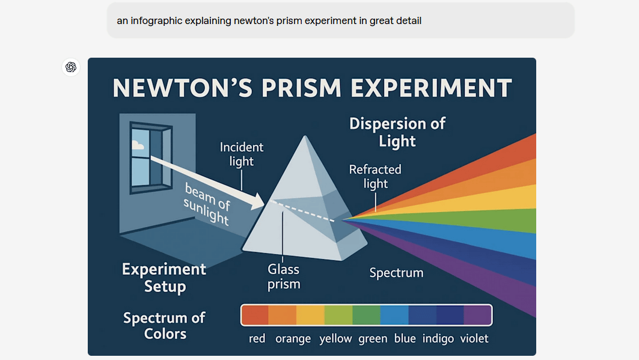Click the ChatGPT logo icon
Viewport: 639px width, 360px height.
click(x=71, y=67)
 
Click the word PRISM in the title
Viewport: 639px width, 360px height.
click(x=301, y=88)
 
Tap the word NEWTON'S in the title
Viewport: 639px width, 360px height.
click(x=183, y=88)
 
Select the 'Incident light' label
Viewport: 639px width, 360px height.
click(x=242, y=154)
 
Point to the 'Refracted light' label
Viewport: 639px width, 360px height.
click(x=375, y=176)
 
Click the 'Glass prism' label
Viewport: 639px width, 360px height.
click(x=284, y=276)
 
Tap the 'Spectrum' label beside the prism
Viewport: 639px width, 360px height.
click(x=397, y=272)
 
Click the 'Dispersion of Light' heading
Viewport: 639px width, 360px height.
click(x=397, y=132)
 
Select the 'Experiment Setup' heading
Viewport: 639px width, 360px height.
click(x=164, y=277)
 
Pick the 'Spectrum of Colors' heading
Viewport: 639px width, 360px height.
click(x=164, y=326)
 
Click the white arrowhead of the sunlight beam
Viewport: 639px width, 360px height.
click(x=257, y=201)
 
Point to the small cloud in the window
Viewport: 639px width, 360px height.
click(x=138, y=145)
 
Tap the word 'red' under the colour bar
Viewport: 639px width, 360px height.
click(x=257, y=338)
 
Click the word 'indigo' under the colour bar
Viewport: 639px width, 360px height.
click(x=438, y=338)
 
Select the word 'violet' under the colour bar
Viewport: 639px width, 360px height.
click(x=474, y=338)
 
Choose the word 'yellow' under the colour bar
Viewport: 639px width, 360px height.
click(x=335, y=339)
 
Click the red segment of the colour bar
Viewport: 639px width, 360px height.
click(x=255, y=315)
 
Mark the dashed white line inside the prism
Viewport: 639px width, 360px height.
click(x=302, y=210)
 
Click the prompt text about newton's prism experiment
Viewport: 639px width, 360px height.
click(x=269, y=21)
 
